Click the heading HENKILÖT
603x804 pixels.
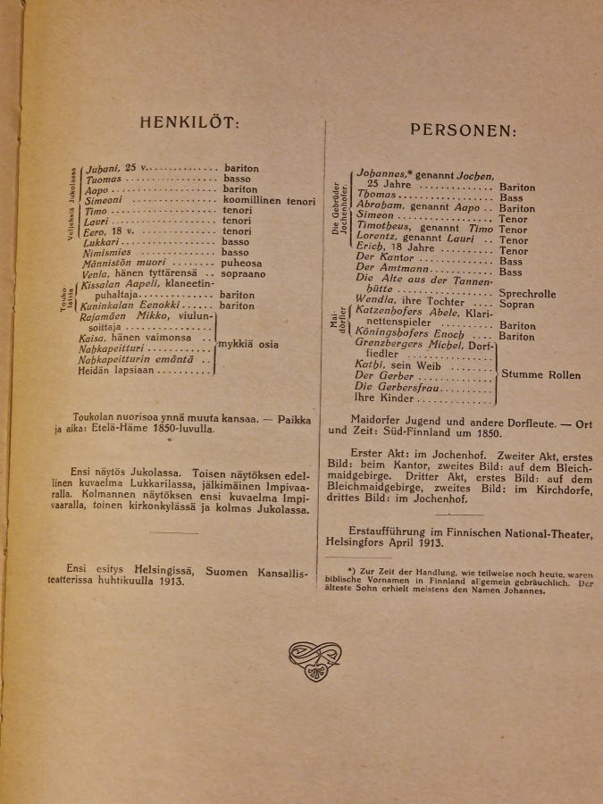(x=189, y=123)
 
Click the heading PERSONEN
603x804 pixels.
(x=463, y=130)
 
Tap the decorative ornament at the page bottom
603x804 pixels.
(x=314, y=660)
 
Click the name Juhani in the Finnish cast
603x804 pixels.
(x=98, y=168)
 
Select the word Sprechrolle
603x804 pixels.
(x=527, y=293)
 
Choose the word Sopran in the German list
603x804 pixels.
(x=517, y=304)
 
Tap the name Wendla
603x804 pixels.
(x=374, y=301)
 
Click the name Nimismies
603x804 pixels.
(x=107, y=253)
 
